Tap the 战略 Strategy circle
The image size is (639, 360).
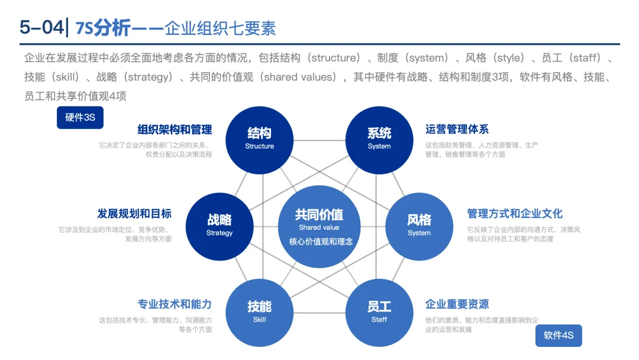click(x=220, y=226)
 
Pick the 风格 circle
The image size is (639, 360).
click(x=419, y=226)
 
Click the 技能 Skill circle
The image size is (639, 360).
click(x=259, y=312)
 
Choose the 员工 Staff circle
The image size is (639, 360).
click(x=379, y=312)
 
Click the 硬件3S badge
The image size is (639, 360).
click(x=80, y=117)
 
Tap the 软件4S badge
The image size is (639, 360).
click(x=559, y=336)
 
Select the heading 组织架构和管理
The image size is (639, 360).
click(x=175, y=129)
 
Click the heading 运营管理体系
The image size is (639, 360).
click(x=457, y=129)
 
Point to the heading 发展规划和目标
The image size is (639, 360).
click(x=134, y=213)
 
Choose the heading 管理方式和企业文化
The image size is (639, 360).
click(x=515, y=213)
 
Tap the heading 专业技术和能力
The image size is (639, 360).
click(x=175, y=304)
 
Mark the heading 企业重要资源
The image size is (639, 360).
click(x=457, y=304)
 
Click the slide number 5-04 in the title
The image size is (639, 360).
click(x=42, y=28)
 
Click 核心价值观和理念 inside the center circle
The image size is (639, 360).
click(x=321, y=242)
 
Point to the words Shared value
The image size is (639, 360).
click(x=319, y=227)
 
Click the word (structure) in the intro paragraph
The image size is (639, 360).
click(x=335, y=58)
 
